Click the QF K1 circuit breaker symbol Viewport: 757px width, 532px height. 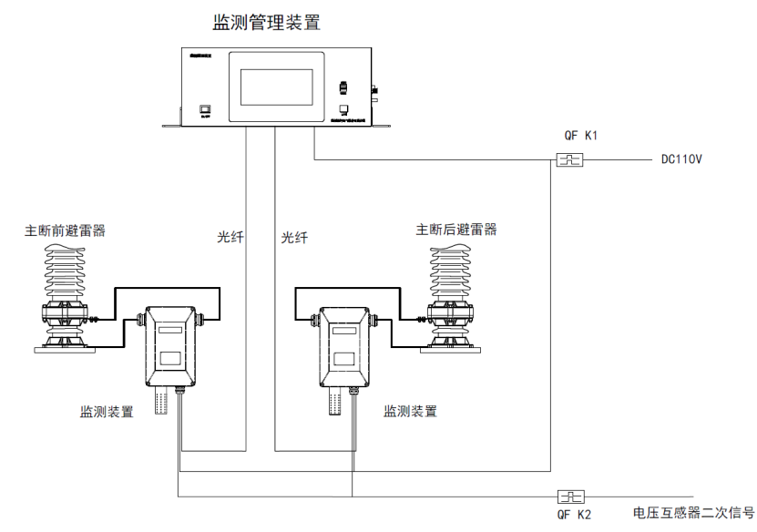[569, 161]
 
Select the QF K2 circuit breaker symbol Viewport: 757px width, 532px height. [570, 496]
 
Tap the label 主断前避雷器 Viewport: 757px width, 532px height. [65, 230]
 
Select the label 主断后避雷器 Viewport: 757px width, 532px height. [456, 230]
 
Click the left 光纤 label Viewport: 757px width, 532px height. [230, 238]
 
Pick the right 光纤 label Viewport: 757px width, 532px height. [294, 238]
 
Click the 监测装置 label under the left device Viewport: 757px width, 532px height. [107, 412]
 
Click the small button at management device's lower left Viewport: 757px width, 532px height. [205, 110]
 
